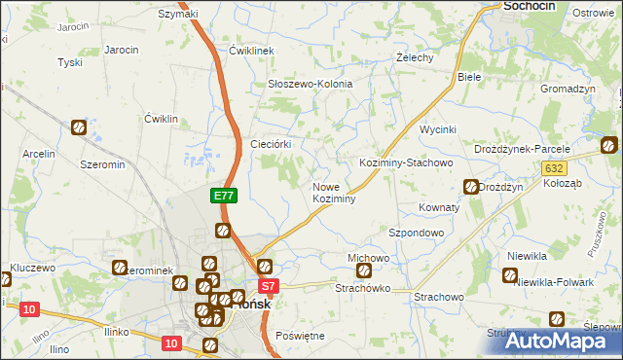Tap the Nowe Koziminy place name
[334, 192]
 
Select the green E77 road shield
[224, 196]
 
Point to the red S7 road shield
[270, 286]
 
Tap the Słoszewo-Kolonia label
[310, 84]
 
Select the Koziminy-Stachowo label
[406, 162]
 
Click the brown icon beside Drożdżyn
[471, 186]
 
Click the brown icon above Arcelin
[78, 127]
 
